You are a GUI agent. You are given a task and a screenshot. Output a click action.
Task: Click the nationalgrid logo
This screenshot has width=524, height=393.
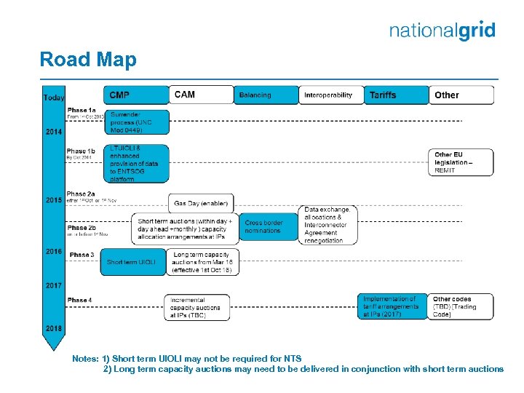click(442, 31)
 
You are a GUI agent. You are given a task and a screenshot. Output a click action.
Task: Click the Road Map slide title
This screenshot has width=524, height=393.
click(87, 60)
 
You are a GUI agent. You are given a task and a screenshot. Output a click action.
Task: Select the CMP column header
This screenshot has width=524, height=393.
click(135, 95)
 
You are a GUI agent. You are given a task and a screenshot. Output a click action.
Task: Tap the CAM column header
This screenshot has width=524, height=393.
click(201, 95)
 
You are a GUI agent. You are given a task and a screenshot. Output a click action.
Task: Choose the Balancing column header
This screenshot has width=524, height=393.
click(265, 95)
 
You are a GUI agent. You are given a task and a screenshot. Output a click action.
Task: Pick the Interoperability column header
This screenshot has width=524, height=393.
click(329, 95)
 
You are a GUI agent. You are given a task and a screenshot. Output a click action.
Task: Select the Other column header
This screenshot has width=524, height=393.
click(461, 95)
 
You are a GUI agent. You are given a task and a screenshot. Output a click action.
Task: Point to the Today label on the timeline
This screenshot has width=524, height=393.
click(54, 98)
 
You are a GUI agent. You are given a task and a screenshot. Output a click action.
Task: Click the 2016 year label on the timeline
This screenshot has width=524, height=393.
click(54, 251)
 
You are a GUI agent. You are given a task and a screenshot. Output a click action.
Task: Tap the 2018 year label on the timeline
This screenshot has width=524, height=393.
click(54, 328)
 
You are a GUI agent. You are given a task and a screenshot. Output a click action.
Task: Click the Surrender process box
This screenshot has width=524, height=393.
click(138, 122)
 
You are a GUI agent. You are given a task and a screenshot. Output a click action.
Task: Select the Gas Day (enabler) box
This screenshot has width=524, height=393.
click(201, 203)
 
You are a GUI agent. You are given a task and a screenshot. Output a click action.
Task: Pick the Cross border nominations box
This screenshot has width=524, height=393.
click(269, 227)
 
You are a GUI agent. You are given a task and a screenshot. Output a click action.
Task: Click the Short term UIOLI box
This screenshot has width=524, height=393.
click(133, 262)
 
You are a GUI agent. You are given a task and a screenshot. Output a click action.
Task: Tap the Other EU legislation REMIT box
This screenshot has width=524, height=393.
click(461, 162)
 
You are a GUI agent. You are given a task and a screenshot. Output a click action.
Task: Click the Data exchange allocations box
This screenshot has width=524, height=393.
click(329, 225)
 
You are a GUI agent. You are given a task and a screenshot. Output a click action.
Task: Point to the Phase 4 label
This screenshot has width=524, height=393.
click(79, 300)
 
